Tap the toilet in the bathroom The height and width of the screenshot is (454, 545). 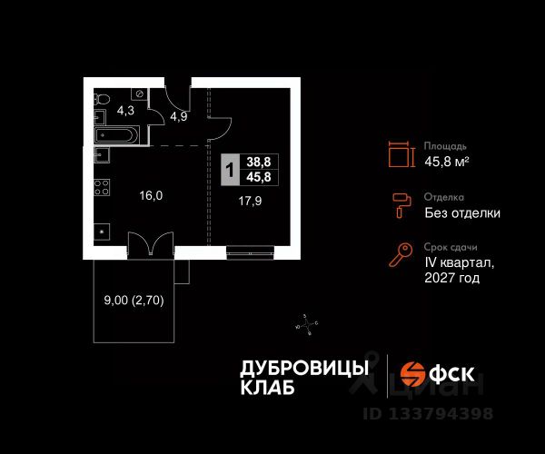(x=102, y=98)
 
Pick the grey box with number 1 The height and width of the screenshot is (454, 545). (x=232, y=170)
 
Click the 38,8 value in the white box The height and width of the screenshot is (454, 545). (x=259, y=162)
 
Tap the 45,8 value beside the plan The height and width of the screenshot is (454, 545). (x=259, y=177)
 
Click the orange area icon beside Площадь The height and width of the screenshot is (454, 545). (x=398, y=153)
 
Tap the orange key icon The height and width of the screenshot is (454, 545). (x=398, y=256)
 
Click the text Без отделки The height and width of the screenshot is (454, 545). (x=462, y=213)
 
